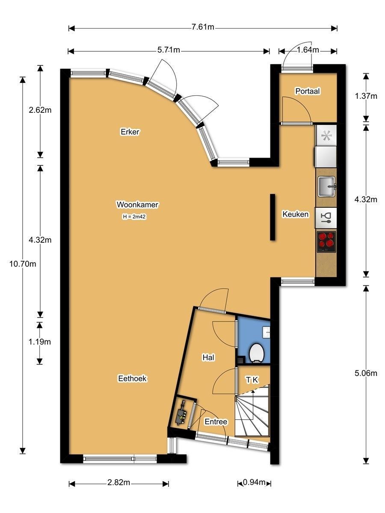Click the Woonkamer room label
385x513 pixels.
pos(137,204)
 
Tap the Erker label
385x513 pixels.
pos(130,132)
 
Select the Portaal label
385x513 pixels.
pos(308,91)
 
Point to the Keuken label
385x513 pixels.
pos(296,214)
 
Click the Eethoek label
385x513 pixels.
pos(132,378)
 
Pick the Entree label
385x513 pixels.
pos(216,422)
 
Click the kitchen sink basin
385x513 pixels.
pos(327,186)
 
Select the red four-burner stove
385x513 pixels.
pos(326,242)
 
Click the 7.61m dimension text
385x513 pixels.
pos(203,27)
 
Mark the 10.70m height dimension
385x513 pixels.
pos(23,264)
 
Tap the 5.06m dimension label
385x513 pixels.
pos(366,373)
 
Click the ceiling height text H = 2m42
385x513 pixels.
pos(134,217)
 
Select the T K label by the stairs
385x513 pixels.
pos(252,380)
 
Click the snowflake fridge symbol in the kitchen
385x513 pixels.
pos(326,136)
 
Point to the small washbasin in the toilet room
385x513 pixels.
pos(266,332)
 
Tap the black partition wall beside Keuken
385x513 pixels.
pos(272,217)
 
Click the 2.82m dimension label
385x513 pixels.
pos(118,482)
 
